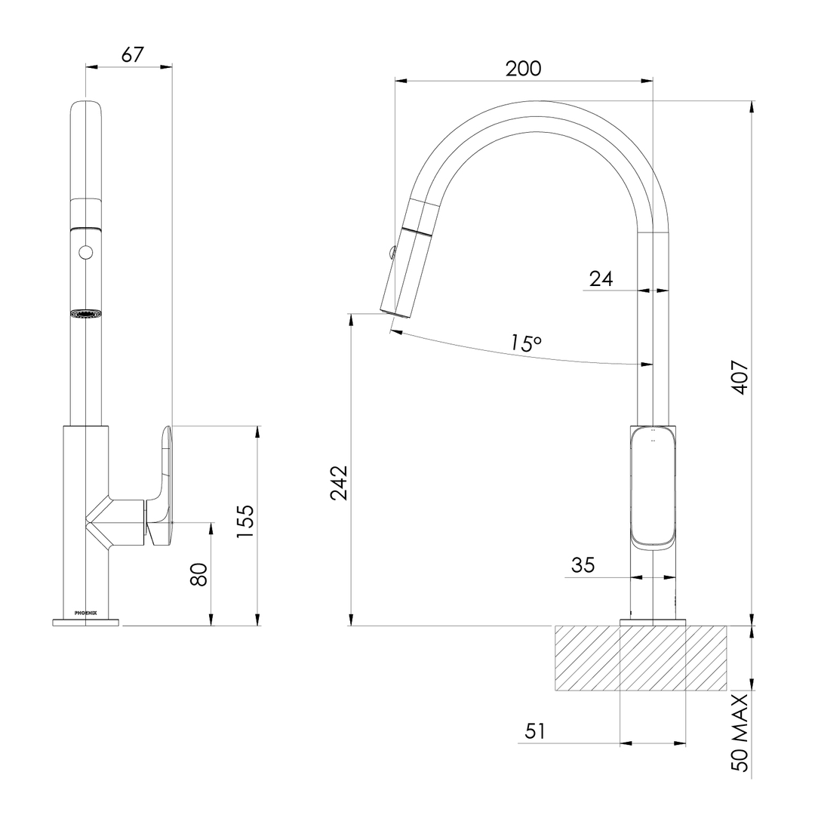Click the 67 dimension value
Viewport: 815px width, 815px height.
[x=132, y=54]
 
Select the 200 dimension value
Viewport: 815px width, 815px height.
[x=523, y=68]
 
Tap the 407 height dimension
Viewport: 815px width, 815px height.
[x=740, y=377]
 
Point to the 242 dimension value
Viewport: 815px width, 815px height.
[x=339, y=483]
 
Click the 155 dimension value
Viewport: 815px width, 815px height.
[x=246, y=521]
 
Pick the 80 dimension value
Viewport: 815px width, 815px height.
[x=199, y=574]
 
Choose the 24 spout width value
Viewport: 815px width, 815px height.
[x=601, y=278]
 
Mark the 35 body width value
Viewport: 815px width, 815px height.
[x=583, y=564]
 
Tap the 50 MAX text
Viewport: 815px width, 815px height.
[x=740, y=732]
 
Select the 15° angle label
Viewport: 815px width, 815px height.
[x=525, y=343]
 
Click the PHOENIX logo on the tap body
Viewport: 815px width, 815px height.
[x=85, y=613]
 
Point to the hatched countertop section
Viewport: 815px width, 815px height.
[x=641, y=658]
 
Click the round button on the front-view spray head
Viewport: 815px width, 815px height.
[x=85, y=252]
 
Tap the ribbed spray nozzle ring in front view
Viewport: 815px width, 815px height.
[x=85, y=313]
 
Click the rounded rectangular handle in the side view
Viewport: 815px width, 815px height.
[x=653, y=487]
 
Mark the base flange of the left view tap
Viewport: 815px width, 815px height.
[x=85, y=623]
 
